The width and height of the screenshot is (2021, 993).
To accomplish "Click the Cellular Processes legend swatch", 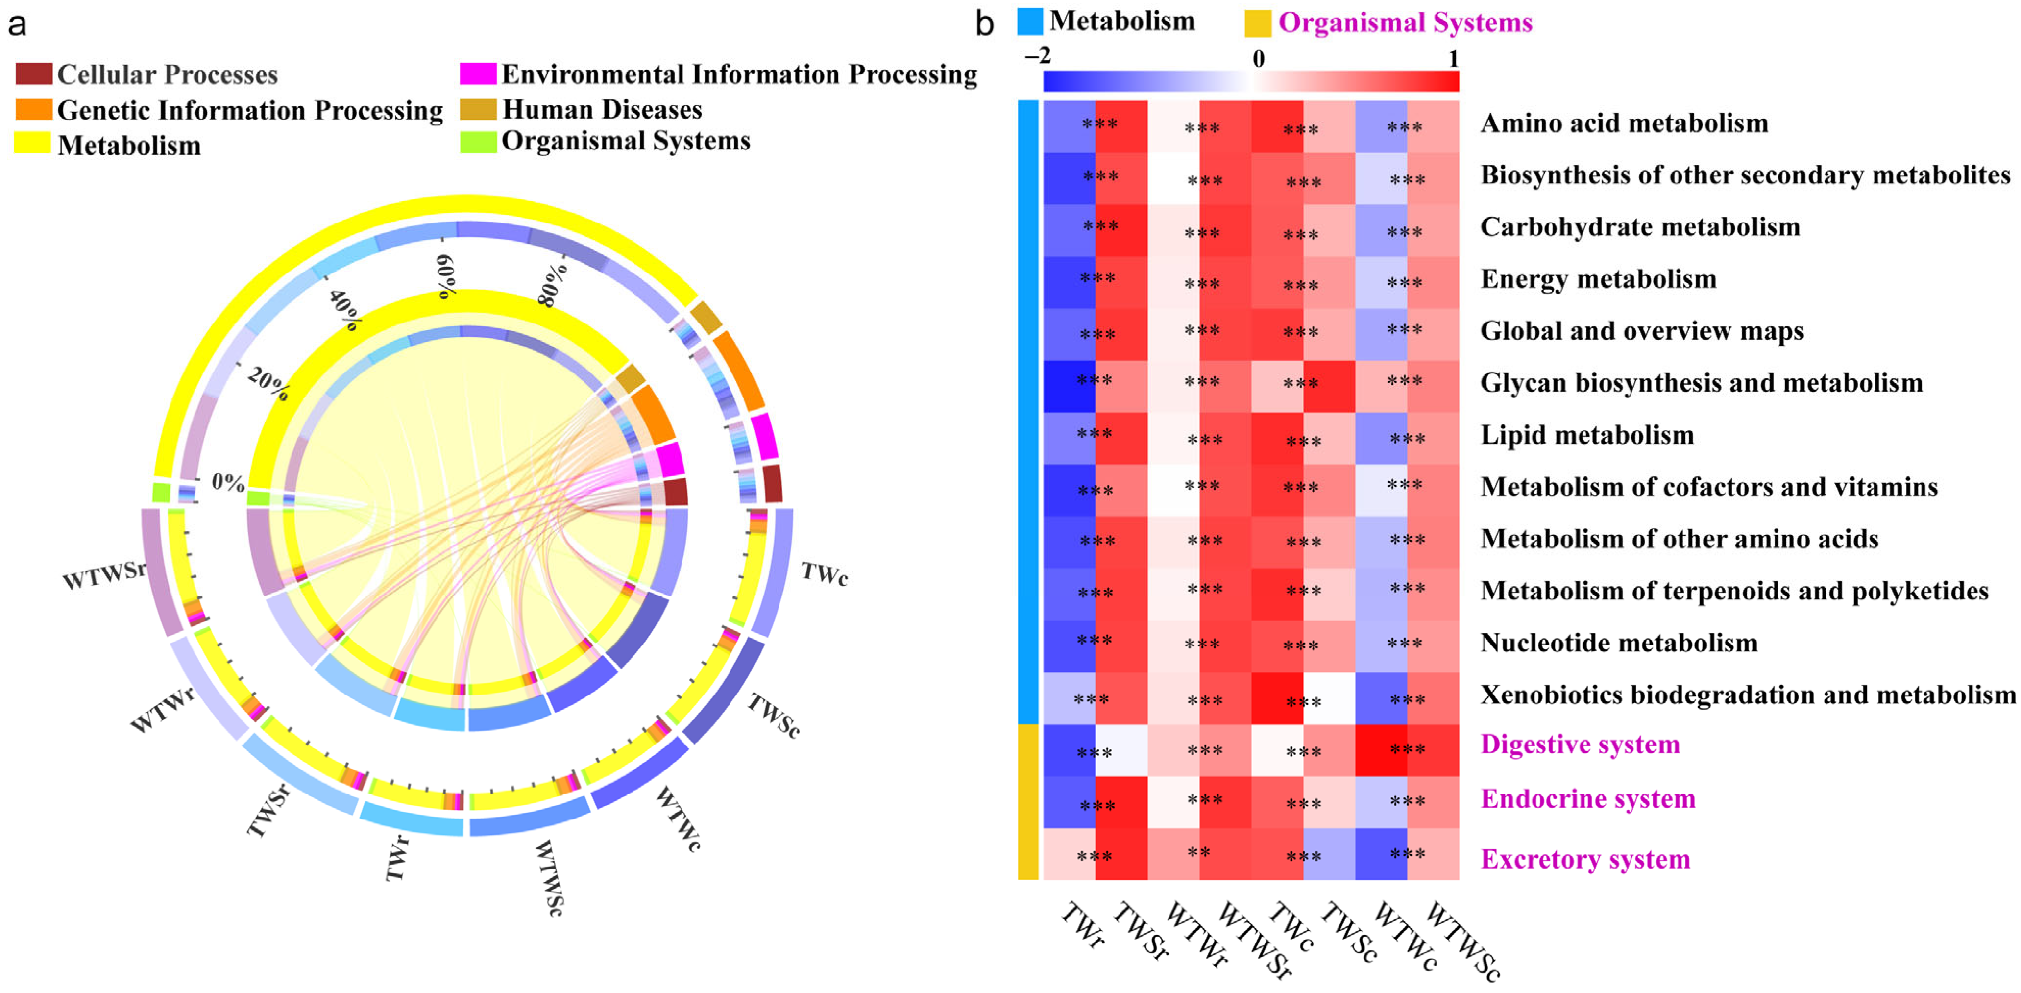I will tap(34, 74).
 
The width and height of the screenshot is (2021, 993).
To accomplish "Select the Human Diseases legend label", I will tap(602, 109).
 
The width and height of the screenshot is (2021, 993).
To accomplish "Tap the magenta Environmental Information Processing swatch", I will tap(478, 74).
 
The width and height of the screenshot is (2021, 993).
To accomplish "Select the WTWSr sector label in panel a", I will tap(104, 575).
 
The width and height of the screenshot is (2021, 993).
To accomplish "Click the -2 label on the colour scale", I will tap(1037, 56).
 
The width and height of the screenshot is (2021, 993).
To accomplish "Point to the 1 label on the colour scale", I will tap(1453, 59).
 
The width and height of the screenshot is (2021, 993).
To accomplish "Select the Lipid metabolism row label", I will tap(1586, 435).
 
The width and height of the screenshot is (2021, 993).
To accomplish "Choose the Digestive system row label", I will tap(1579, 744).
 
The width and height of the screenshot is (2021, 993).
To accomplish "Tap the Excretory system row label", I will tap(1585, 859).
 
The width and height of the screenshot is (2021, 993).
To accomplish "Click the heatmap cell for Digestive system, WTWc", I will tap(1381, 750).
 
